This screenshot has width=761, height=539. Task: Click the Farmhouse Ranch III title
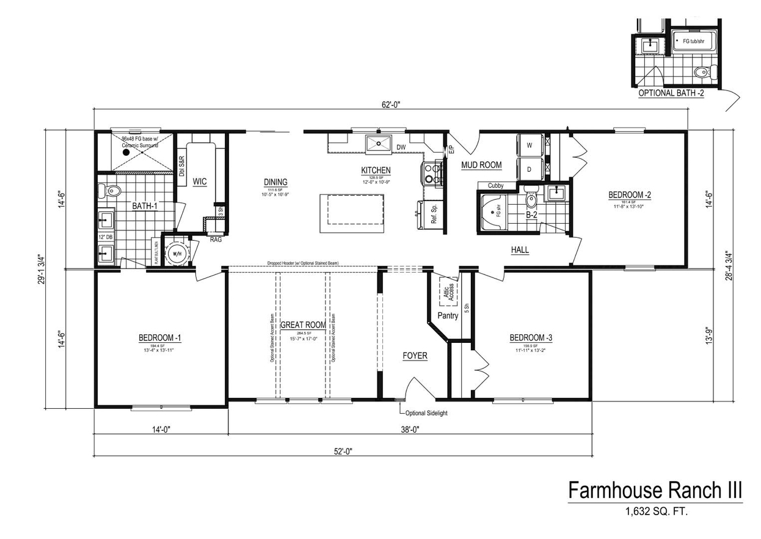(x=655, y=490)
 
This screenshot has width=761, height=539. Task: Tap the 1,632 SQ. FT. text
(x=655, y=512)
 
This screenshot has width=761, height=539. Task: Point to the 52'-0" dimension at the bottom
(x=343, y=451)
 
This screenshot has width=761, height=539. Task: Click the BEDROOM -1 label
(x=159, y=337)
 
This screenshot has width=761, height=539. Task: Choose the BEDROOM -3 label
(x=531, y=337)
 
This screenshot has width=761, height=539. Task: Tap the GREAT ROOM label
(x=303, y=325)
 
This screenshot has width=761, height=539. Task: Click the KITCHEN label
(x=376, y=170)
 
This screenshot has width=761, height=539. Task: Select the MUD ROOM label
(x=481, y=165)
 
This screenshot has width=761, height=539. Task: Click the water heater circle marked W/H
(x=178, y=254)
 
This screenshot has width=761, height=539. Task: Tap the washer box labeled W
(x=529, y=145)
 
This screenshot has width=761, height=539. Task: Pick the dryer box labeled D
(x=529, y=168)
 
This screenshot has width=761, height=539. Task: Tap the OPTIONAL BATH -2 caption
(x=671, y=94)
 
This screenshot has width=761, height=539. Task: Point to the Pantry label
(x=448, y=316)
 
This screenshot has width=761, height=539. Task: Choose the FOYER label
(x=415, y=356)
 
